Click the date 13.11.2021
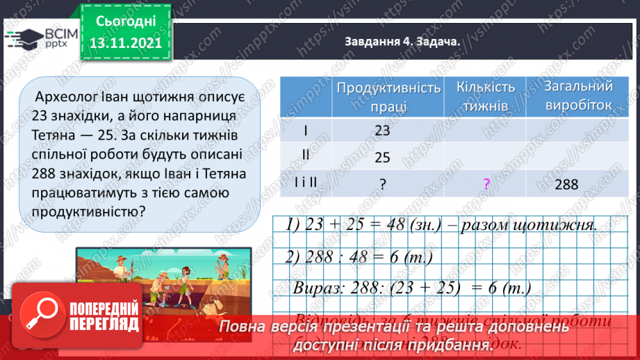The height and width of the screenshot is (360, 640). (126, 42)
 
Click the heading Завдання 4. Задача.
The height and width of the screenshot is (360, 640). (402, 41)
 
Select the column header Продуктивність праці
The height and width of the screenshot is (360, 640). (388, 97)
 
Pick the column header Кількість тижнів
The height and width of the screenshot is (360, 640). (486, 97)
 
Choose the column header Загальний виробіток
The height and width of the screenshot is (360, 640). (579, 96)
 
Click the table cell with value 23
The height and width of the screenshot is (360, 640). (383, 131)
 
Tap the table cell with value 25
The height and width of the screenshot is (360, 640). (383, 158)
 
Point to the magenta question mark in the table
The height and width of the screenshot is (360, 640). (486, 184)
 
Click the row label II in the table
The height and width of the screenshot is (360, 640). (305, 154)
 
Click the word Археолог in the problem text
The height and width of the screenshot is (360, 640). (61, 95)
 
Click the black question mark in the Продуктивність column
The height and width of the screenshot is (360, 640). (383, 184)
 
